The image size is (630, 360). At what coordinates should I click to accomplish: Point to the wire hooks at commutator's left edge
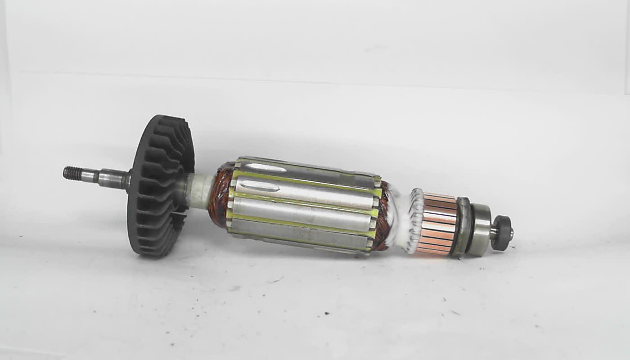(x=417, y=220)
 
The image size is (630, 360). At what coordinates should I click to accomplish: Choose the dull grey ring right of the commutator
(x=461, y=227)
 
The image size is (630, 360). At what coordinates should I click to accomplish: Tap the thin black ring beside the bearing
(x=471, y=229)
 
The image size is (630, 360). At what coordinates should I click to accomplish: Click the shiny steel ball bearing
(x=481, y=230)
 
